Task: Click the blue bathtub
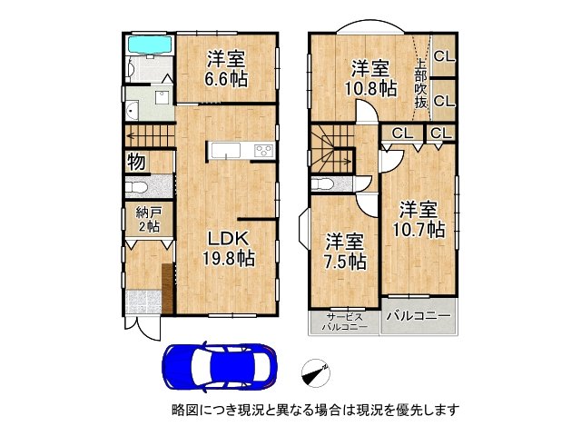coord(150,45)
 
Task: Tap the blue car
coord(220,366)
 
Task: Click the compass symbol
coord(316,373)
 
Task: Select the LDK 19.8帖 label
coord(228,248)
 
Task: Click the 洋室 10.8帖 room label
coord(371,79)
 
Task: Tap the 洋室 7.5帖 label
coord(345,253)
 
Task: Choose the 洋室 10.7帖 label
coord(419,220)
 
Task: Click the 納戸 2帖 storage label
coord(149,220)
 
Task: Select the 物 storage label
coord(136,162)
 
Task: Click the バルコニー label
coord(419,316)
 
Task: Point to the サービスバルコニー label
coord(345,322)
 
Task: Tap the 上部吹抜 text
coord(421,84)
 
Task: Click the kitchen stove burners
coord(264,151)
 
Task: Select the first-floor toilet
coord(135,186)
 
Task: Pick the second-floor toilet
coord(321,183)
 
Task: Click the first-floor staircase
coord(150,136)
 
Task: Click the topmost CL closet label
coord(444,56)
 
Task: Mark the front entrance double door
coord(143,328)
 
